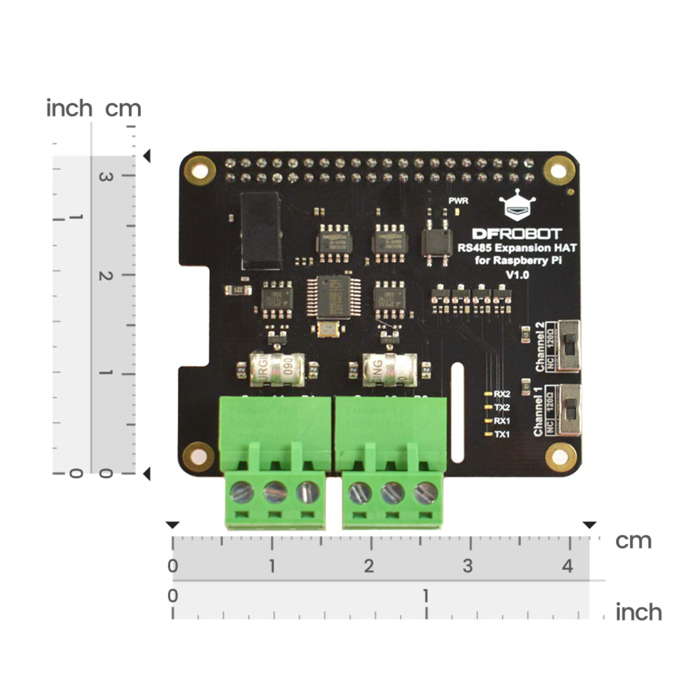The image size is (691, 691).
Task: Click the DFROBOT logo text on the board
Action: (517, 234)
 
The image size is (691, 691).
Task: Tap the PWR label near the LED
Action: (458, 201)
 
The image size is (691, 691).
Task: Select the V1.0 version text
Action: (517, 275)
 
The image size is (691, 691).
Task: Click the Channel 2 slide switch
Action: (569, 346)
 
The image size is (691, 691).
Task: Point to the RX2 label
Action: (502, 394)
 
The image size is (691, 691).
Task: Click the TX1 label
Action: (502, 434)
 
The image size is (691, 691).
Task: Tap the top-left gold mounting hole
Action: (200, 171)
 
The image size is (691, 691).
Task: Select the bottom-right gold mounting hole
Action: (560, 457)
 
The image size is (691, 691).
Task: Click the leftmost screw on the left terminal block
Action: (241, 492)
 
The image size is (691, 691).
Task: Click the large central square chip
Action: (334, 298)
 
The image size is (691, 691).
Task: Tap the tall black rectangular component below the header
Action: (261, 230)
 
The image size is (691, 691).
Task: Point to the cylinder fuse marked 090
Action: (278, 369)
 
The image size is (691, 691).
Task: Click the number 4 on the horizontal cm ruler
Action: (568, 566)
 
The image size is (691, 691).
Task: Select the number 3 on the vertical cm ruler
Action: (105, 176)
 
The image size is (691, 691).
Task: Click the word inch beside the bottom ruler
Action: (638, 612)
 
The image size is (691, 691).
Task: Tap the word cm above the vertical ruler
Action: (123, 109)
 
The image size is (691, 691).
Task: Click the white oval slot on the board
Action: (457, 412)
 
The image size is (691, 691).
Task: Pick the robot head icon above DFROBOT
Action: (517, 205)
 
